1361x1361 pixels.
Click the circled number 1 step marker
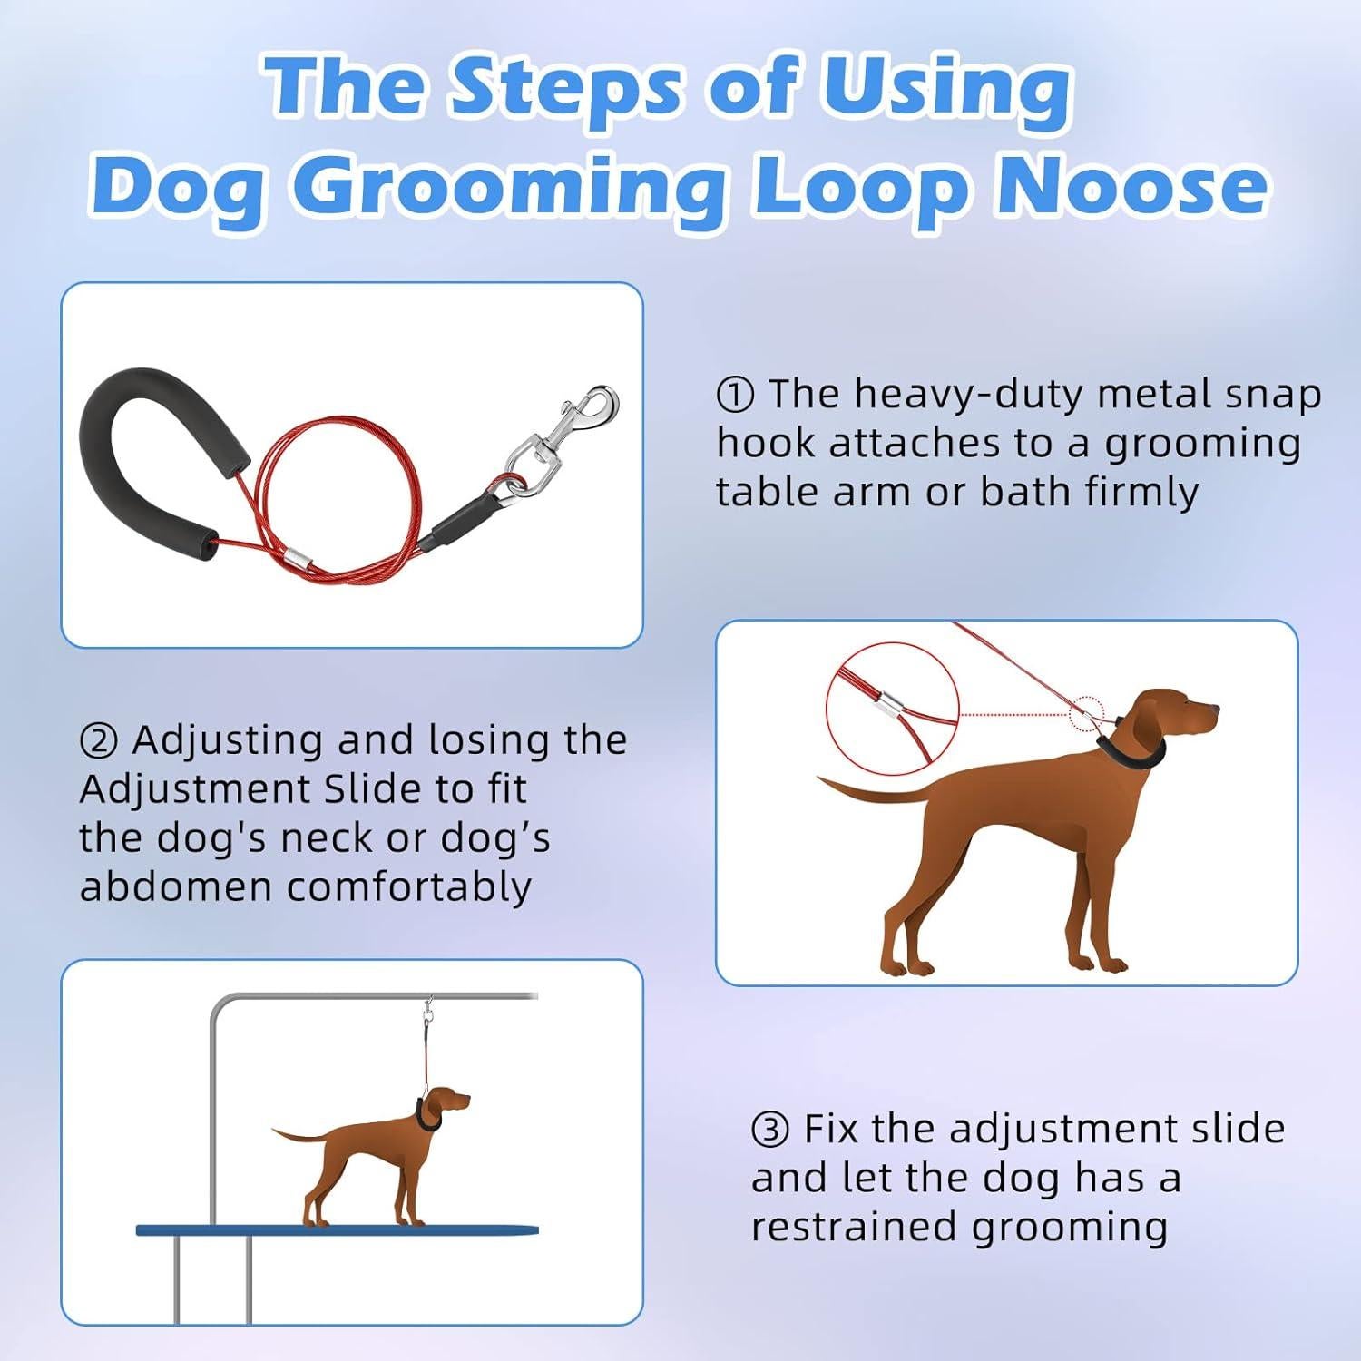click(734, 395)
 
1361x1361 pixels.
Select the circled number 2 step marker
click(98, 741)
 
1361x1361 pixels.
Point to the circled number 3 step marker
click(769, 1131)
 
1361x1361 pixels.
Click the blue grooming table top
click(336, 1230)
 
